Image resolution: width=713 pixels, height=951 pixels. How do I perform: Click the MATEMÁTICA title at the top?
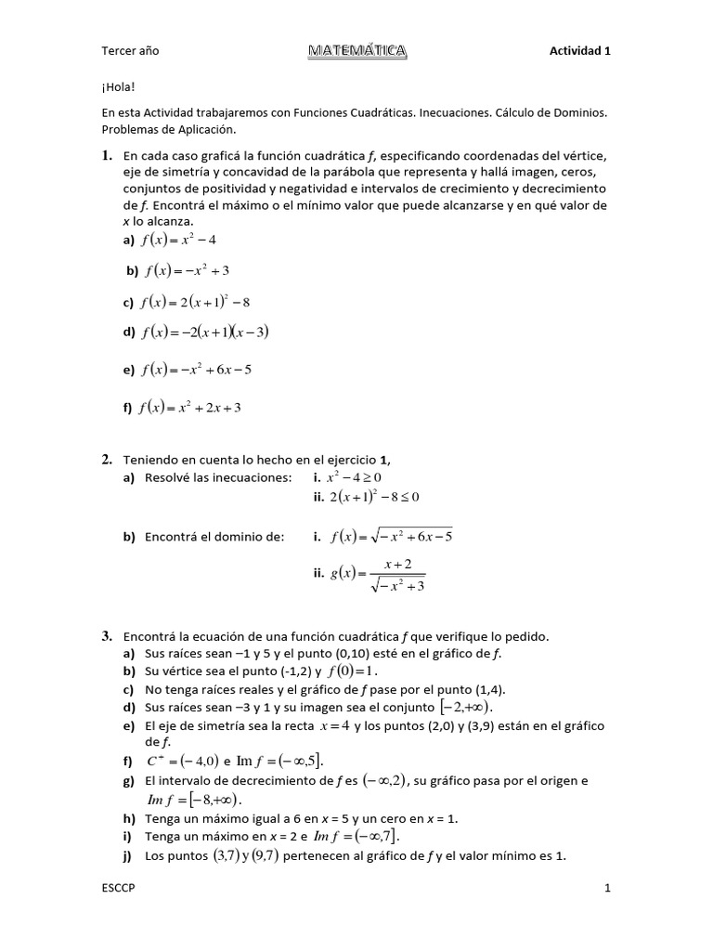pos(356,51)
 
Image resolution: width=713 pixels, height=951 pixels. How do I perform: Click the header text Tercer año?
pos(130,51)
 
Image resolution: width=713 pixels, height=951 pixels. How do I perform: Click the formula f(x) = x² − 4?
pos(178,240)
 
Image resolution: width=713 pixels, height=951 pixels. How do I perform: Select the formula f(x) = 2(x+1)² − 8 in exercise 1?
pos(196,302)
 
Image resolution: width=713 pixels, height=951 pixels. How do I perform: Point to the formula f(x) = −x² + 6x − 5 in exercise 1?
pos(196,370)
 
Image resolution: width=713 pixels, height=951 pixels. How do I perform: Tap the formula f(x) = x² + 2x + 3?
pos(191,407)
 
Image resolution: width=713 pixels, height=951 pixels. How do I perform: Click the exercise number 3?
pos(107,636)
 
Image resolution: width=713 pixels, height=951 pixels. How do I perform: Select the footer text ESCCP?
pos(119,889)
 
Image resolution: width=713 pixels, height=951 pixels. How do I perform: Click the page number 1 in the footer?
pos(607,889)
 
